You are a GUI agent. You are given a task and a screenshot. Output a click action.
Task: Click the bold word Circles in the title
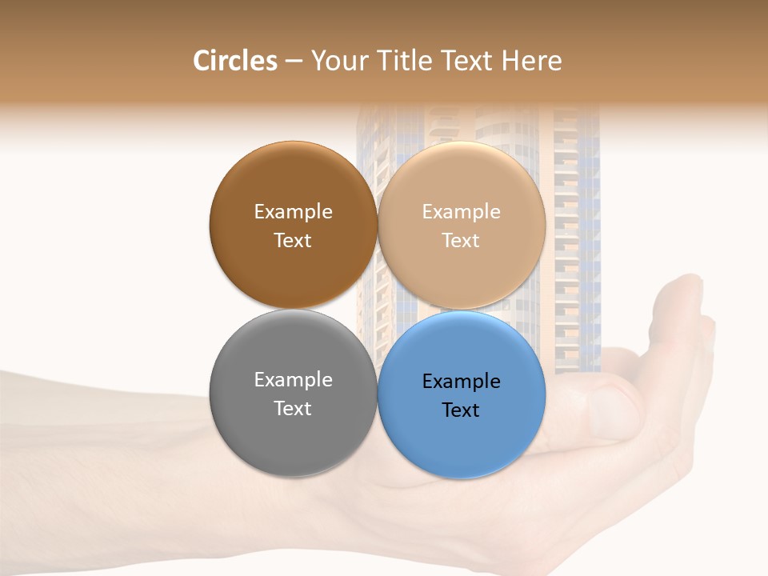coord(234,61)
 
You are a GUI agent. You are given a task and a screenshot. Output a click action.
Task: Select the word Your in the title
coord(338,61)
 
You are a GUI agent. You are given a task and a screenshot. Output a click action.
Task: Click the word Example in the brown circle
coord(293,212)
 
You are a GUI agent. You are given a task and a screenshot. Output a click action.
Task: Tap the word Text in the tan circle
coord(461,241)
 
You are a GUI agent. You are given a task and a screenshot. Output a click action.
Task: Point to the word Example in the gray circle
coord(293,380)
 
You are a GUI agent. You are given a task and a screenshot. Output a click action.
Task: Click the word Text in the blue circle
coord(461,410)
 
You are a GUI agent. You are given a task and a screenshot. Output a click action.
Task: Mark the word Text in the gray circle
coord(293,409)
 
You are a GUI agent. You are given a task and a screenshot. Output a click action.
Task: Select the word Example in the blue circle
coord(461,382)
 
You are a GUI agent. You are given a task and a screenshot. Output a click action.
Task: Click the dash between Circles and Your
coord(294,62)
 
